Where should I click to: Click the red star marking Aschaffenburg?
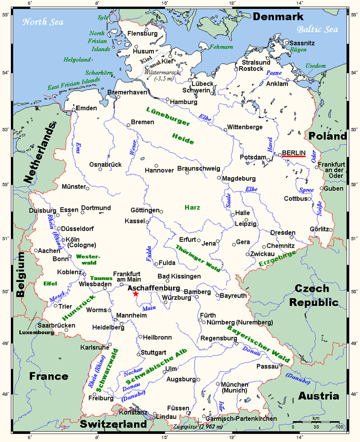pyautogui.click(x=136, y=294)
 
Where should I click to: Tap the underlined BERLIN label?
pyautogui.click(x=293, y=152)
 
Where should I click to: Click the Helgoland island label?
pyautogui.click(x=77, y=60)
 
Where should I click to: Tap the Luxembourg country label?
pyautogui.click(x=36, y=332)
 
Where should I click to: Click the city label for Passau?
pyautogui.click(x=266, y=366)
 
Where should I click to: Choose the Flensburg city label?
pyautogui.click(x=143, y=34)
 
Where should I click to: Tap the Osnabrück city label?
pyautogui.click(x=105, y=164)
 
